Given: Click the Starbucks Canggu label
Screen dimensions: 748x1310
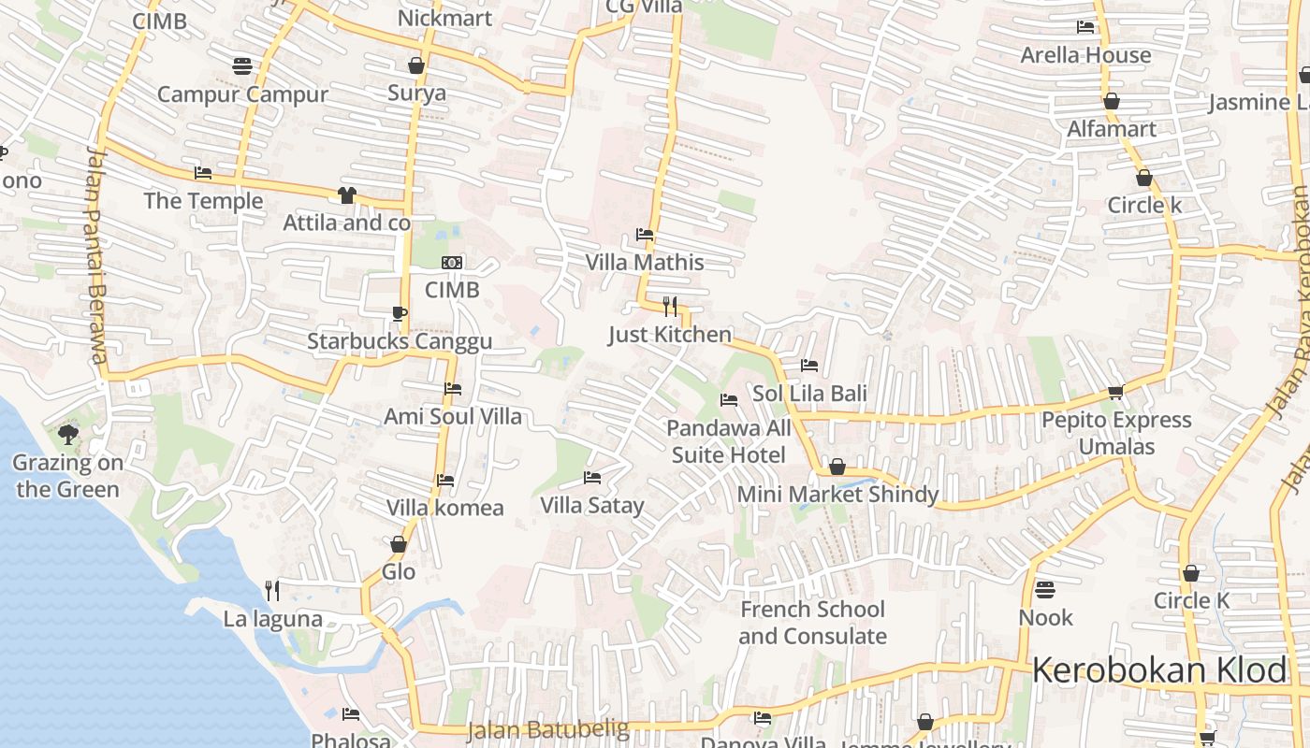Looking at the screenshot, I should [x=400, y=341].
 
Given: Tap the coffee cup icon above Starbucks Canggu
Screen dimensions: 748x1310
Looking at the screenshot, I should [x=400, y=313].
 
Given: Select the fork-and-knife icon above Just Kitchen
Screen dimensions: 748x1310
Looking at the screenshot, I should [x=670, y=306].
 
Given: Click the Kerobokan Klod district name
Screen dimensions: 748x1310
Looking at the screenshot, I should [x=1160, y=671].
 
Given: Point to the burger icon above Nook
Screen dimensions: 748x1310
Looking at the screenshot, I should [x=1045, y=590].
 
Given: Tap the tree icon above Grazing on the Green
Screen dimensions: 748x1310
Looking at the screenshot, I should [x=67, y=433].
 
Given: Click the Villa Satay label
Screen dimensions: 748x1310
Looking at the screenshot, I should [x=592, y=506].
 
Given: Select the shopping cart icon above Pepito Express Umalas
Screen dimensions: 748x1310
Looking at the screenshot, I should [x=1115, y=393].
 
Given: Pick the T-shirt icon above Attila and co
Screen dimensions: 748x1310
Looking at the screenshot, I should [x=347, y=194].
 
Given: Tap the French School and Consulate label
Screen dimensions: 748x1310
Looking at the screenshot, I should [x=812, y=623].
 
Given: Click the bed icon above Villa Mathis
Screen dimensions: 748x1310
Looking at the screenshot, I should [x=645, y=235].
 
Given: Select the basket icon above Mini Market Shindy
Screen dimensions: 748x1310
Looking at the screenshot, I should [x=837, y=467].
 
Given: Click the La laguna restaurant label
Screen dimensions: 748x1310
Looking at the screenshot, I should [x=272, y=619].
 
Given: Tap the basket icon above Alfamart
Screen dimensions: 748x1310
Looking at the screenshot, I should [x=1112, y=101].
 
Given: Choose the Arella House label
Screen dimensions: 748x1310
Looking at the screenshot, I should [x=1085, y=55].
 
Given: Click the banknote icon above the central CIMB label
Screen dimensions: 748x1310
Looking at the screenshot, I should [x=452, y=263].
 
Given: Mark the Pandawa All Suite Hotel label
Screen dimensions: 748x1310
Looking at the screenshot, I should [x=729, y=441].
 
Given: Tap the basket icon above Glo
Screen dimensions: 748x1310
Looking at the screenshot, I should [x=399, y=544].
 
